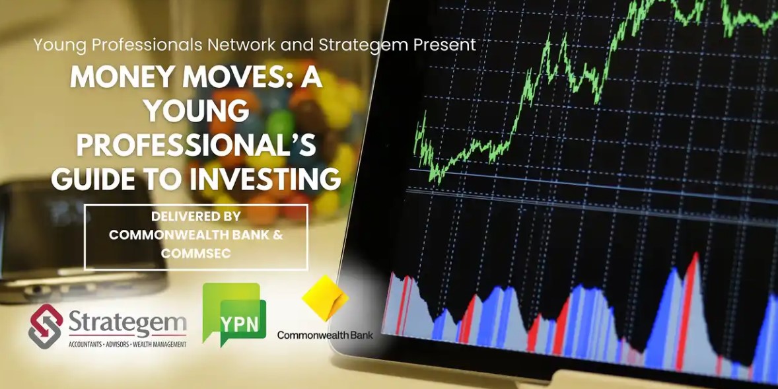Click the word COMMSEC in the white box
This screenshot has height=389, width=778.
(x=196, y=253)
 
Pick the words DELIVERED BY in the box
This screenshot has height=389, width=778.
(x=196, y=217)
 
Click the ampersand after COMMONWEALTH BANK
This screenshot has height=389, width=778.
(x=278, y=234)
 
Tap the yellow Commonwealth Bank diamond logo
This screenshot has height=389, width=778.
(x=326, y=298)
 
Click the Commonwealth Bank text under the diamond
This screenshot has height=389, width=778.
(x=325, y=335)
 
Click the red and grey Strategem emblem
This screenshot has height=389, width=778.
(x=46, y=326)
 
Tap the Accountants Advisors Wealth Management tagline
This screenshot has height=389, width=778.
(x=127, y=343)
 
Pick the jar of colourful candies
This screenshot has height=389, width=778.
(x=278, y=139)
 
